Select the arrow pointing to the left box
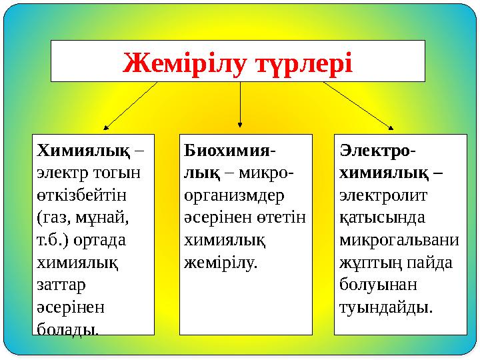click(x=130, y=105)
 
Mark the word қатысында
click(x=373, y=217)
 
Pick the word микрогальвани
click(x=399, y=239)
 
